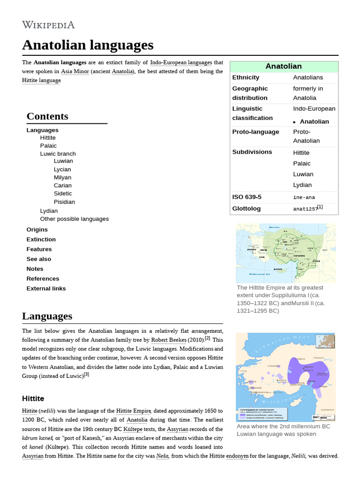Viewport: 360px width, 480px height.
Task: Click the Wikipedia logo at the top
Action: (48, 25)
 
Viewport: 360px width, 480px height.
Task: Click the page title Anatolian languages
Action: (88, 45)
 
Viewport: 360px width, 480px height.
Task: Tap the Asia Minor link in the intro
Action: (74, 71)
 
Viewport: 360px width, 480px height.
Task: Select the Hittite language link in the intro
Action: (41, 80)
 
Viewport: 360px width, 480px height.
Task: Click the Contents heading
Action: (47, 116)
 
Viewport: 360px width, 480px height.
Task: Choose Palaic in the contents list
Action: (48, 146)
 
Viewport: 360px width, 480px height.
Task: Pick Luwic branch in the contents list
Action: (58, 154)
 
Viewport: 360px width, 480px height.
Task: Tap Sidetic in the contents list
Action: (63, 194)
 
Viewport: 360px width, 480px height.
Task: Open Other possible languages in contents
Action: (74, 219)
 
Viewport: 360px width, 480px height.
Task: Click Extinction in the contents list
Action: (41, 240)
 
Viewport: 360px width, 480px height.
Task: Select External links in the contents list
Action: (46, 289)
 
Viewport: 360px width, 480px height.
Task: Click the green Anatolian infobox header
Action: (284, 67)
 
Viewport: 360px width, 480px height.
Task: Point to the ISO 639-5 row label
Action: (247, 197)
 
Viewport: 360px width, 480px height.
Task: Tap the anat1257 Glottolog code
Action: (305, 209)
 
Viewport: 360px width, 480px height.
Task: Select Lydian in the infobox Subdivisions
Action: (302, 185)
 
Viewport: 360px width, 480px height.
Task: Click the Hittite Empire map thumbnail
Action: (285, 253)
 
